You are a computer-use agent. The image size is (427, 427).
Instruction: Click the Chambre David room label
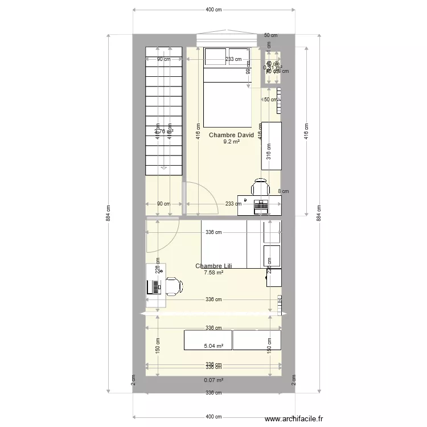(x=231, y=135)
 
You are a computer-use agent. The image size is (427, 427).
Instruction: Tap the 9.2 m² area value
(x=231, y=142)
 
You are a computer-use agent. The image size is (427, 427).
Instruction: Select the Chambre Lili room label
(x=213, y=266)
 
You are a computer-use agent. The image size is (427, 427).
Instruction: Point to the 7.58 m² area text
(x=213, y=273)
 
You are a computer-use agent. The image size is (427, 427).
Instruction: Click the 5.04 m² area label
(x=213, y=346)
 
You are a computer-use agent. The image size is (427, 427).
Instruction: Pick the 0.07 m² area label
(x=213, y=380)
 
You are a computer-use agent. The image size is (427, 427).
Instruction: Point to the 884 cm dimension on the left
(x=106, y=213)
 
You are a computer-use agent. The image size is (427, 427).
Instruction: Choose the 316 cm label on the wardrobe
(x=269, y=151)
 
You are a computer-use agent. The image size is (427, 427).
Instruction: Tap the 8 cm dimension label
(x=283, y=192)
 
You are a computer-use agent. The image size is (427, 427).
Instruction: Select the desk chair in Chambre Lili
(x=174, y=286)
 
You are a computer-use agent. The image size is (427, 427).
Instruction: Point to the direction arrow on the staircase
(x=164, y=167)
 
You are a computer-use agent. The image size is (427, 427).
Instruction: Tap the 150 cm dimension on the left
(x=158, y=346)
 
